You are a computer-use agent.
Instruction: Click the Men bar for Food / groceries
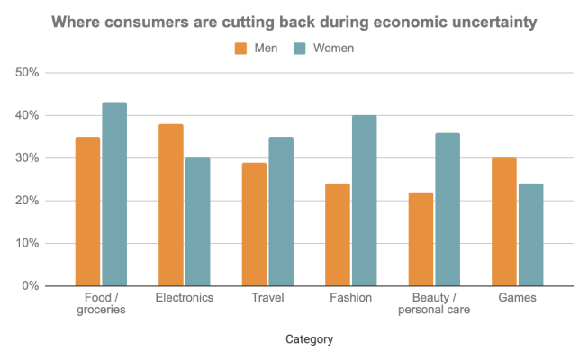[x=88, y=211]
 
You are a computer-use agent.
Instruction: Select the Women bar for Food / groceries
[x=114, y=194]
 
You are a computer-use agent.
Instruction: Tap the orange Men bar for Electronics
[x=171, y=205]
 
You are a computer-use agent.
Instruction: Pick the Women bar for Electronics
[x=197, y=222]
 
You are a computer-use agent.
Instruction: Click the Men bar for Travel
[x=255, y=224]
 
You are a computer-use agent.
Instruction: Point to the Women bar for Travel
[x=281, y=211]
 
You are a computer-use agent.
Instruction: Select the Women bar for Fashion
[x=365, y=201]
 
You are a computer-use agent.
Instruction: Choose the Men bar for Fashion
[x=338, y=235]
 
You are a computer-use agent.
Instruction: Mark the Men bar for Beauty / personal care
[x=421, y=239]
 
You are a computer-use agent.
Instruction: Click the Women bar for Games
[x=530, y=235]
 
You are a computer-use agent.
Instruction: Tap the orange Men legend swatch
[x=240, y=48]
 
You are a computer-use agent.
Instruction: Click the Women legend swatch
[x=300, y=48]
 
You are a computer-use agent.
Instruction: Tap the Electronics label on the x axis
[x=185, y=298]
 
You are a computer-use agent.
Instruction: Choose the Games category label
[x=517, y=298]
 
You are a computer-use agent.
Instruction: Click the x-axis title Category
[x=309, y=339]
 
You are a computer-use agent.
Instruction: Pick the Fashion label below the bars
[x=351, y=298]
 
